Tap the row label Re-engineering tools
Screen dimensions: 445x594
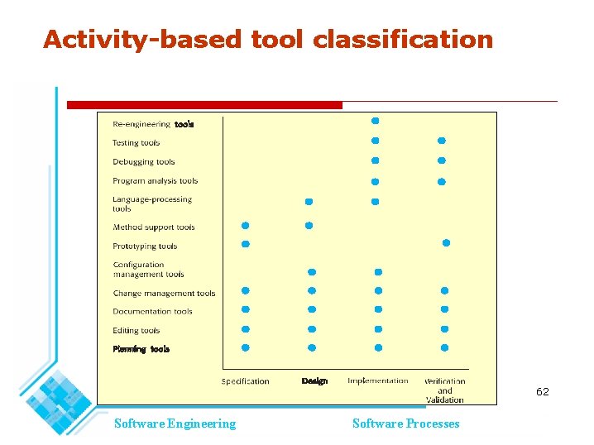point(153,124)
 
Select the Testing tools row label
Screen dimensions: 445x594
point(136,143)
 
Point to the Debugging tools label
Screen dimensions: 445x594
point(144,162)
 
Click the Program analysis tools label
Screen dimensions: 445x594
point(156,181)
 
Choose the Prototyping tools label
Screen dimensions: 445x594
point(145,246)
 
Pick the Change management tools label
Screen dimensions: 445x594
point(164,294)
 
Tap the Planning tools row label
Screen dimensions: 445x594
point(141,349)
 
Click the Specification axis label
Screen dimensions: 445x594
point(245,381)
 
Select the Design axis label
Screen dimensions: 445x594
point(314,381)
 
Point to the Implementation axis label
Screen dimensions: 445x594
point(377,381)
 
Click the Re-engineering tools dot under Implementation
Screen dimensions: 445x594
point(375,121)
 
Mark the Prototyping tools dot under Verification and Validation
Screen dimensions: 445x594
point(446,243)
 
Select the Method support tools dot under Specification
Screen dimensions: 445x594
point(245,225)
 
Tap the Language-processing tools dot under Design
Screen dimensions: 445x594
point(309,202)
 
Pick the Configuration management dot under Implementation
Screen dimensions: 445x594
point(378,272)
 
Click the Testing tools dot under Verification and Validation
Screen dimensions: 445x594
point(441,141)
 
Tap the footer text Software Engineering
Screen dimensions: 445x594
point(175,423)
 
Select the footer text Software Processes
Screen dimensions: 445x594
point(405,423)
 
